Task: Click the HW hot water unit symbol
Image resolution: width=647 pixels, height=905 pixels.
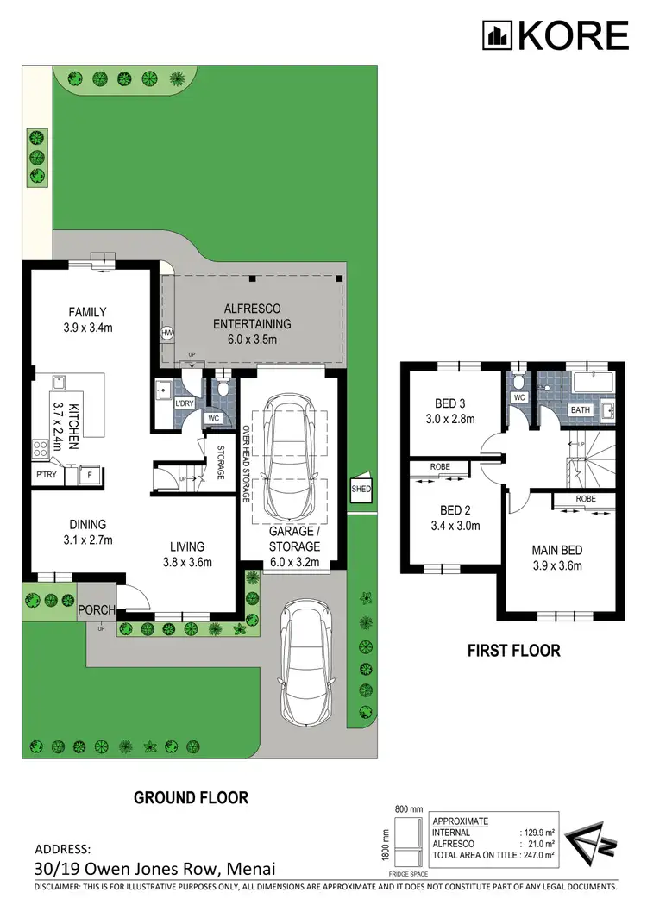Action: [x=166, y=333]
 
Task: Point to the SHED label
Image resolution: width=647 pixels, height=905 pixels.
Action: [x=360, y=489]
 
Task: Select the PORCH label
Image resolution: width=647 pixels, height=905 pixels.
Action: [x=97, y=610]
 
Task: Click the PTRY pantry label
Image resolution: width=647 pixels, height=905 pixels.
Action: [x=46, y=474]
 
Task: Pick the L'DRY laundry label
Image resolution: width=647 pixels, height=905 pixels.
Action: [x=184, y=403]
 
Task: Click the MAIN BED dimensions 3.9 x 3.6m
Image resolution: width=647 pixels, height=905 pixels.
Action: [x=558, y=566]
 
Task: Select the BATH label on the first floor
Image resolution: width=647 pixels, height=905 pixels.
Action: [x=581, y=409]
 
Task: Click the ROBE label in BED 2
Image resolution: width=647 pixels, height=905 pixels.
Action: [x=439, y=467]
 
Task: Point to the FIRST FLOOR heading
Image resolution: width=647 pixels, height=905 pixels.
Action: [x=514, y=651]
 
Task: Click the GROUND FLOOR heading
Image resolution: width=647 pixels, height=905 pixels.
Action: [x=191, y=797]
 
